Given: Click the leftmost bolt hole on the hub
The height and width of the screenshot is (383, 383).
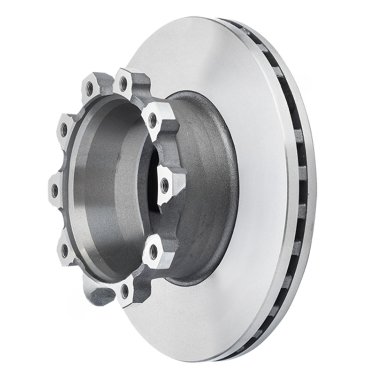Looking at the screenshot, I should (55, 191).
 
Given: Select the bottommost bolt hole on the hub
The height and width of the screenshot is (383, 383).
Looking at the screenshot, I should (124, 291).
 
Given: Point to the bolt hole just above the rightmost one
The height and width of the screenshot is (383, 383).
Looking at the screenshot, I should (153, 121).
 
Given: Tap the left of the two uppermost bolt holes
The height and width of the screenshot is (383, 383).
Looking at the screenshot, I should (90, 87).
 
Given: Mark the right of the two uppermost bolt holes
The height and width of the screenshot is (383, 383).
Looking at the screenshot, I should (123, 84).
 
